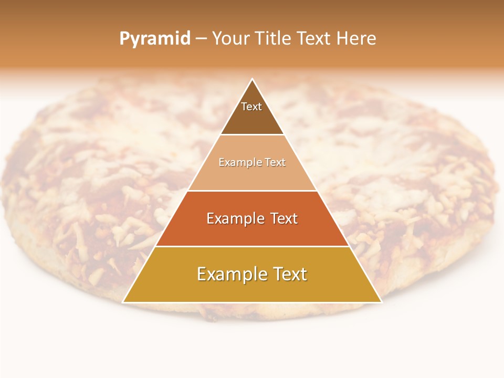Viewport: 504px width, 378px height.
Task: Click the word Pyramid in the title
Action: pyautogui.click(x=154, y=39)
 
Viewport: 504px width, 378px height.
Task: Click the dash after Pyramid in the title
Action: pyautogui.click(x=201, y=39)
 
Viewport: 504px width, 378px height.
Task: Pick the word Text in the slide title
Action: pyautogui.click(x=314, y=38)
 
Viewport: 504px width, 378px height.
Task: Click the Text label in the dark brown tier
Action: pyautogui.click(x=251, y=107)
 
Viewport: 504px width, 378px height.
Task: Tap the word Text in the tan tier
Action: pyautogui.click(x=276, y=163)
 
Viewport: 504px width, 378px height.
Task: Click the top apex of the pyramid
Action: pyautogui.click(x=253, y=79)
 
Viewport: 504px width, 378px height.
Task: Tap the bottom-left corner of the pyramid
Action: pyautogui.click(x=123, y=302)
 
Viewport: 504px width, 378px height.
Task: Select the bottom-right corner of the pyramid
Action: pyautogui.click(x=381, y=302)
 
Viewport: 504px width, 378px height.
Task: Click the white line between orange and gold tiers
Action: pyautogui.click(x=253, y=246)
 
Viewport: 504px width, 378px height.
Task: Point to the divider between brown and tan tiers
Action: pyautogui.click(x=253, y=135)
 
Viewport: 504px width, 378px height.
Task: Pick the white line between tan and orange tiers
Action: pyautogui.click(x=253, y=191)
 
